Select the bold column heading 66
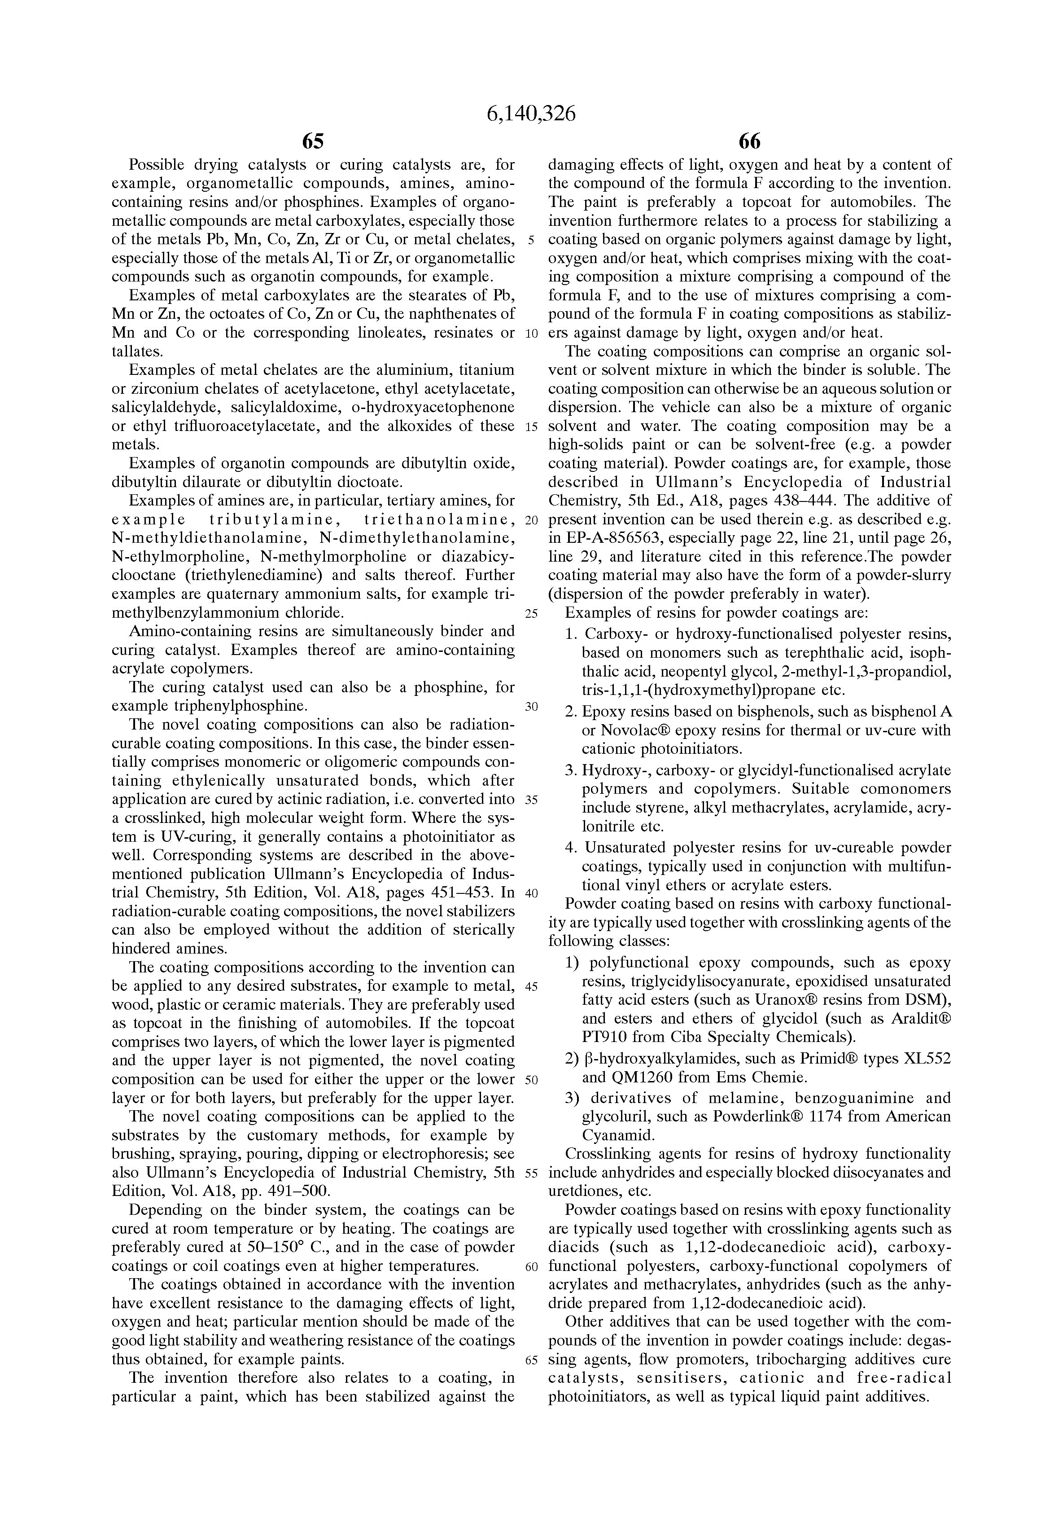click(x=749, y=141)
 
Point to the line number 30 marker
click(x=532, y=706)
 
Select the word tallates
click(x=134, y=351)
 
